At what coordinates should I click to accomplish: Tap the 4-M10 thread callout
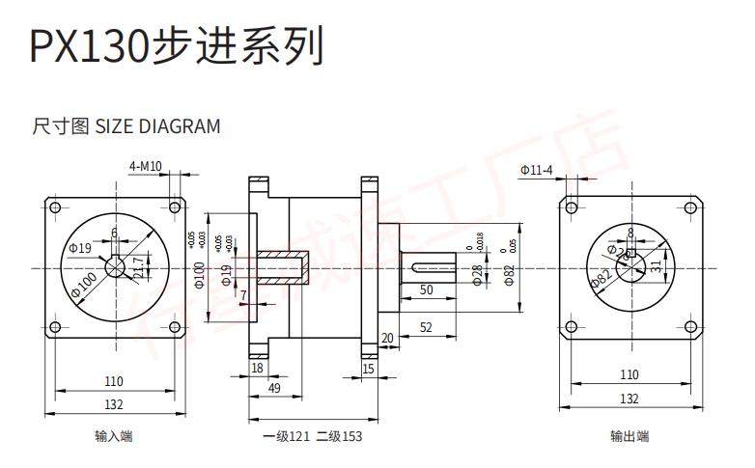click(x=145, y=166)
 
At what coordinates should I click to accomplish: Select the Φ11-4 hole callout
click(x=536, y=171)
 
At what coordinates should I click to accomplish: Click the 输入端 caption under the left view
click(x=114, y=436)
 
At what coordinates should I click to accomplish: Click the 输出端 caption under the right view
click(x=629, y=436)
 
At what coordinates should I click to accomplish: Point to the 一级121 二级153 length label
click(x=312, y=436)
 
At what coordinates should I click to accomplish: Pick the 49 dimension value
click(x=274, y=388)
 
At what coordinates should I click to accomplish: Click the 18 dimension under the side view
click(x=257, y=368)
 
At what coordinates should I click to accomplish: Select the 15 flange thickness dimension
click(x=368, y=368)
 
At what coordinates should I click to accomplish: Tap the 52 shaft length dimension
click(x=426, y=328)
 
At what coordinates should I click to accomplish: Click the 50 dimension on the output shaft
click(x=426, y=289)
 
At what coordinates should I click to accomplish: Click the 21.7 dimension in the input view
click(x=139, y=266)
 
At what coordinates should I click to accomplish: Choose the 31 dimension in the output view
click(x=656, y=266)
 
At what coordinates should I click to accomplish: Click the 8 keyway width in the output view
click(x=630, y=233)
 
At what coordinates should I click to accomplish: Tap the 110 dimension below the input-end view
click(x=114, y=380)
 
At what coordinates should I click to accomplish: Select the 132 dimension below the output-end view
click(x=629, y=398)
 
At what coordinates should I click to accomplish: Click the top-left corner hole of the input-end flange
click(x=54, y=207)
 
